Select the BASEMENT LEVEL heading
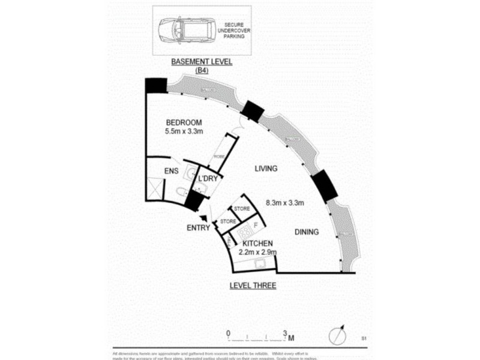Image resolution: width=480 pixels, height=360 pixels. tap(202, 62)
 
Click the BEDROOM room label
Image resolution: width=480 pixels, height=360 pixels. tap(184, 118)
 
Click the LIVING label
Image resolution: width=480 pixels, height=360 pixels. tap(265, 169)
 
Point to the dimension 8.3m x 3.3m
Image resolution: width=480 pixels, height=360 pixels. tap(285, 203)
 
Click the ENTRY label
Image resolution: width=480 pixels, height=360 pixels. tap(198, 228)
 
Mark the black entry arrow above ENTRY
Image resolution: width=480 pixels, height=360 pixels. tap(205, 219)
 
